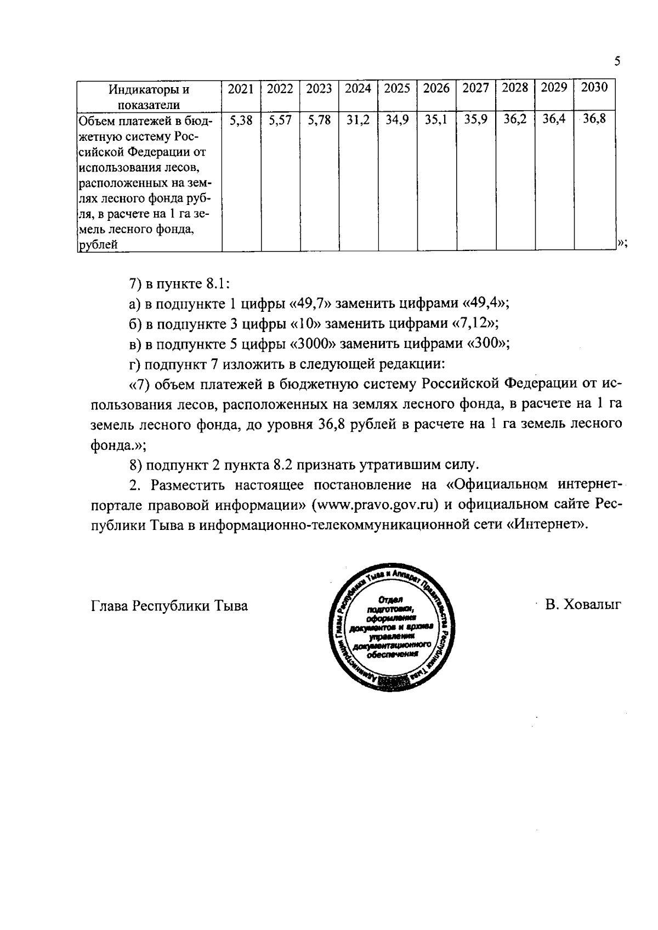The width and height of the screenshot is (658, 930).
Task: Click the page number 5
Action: (617, 61)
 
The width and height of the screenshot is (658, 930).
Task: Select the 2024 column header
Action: (358, 88)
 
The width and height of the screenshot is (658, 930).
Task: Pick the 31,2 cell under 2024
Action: (358, 120)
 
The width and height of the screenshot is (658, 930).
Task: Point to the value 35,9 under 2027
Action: (475, 119)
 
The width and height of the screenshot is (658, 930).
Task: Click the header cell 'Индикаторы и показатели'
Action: (149, 96)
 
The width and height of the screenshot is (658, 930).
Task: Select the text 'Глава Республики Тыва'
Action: (169, 606)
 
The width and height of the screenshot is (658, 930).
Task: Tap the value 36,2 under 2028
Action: (515, 119)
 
